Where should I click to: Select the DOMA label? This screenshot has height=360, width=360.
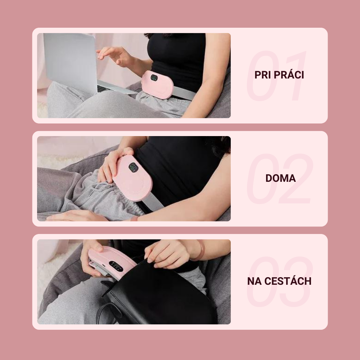(280, 179)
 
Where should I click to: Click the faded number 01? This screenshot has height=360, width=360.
(276, 76)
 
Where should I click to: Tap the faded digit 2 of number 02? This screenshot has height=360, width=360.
(296, 179)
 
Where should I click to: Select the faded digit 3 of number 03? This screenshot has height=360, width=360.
(296, 282)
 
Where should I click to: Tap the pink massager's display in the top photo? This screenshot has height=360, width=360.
(154, 78)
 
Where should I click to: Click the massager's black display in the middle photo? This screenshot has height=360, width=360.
(133, 167)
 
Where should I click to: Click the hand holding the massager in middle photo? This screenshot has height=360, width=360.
(112, 164)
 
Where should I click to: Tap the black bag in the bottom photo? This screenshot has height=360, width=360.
(158, 296)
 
